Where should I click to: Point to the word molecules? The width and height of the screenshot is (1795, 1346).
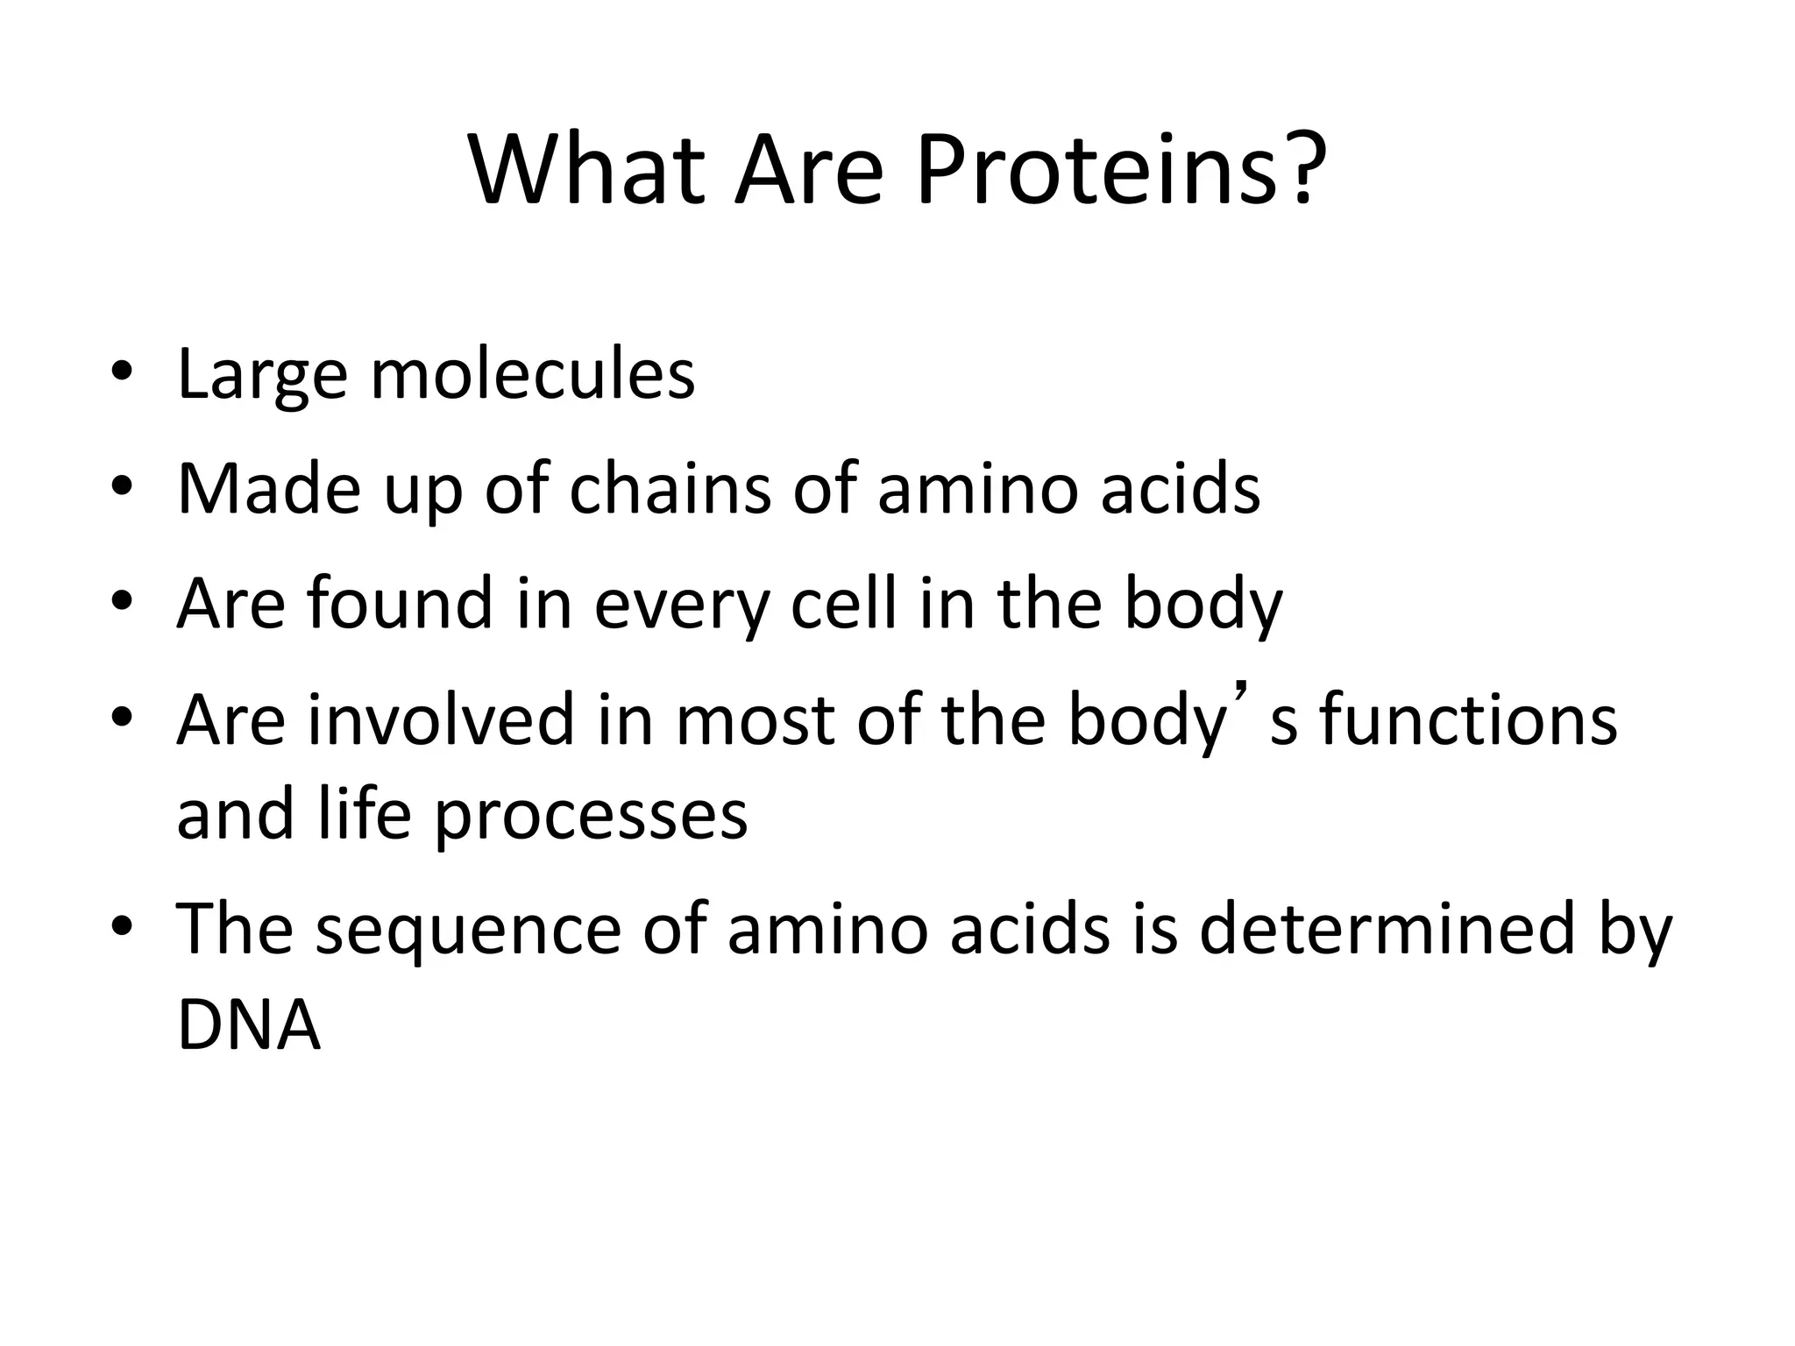533,374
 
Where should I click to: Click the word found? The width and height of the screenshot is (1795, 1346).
401,604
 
